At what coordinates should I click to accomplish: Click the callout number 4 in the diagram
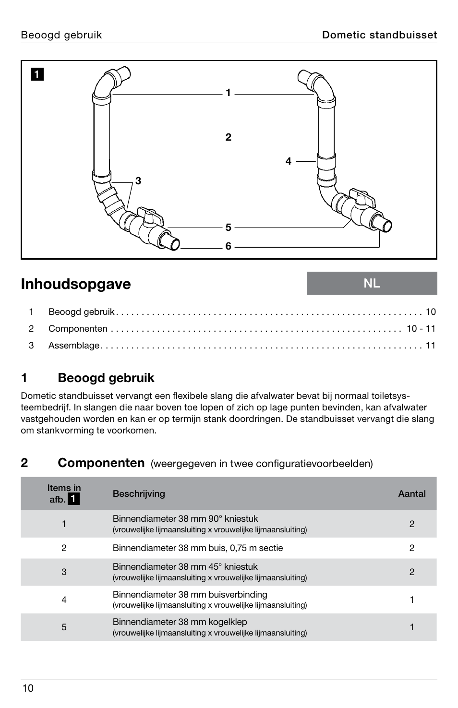[288, 161]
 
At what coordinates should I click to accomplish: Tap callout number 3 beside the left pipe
[138, 181]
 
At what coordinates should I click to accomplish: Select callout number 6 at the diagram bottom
[228, 246]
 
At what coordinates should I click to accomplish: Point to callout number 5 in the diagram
[228, 227]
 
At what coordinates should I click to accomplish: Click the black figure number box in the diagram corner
[37, 74]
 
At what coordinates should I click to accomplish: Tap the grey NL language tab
[372, 283]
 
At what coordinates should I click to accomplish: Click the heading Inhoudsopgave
[76, 284]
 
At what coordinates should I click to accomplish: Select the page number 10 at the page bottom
[27, 688]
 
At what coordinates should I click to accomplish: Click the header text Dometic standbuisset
[379, 35]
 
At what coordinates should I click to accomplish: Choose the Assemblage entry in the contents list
[73, 346]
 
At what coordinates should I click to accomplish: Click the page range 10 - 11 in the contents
[421, 329]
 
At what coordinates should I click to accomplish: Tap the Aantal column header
[411, 493]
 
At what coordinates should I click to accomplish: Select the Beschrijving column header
[139, 493]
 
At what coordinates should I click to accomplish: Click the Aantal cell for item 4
[411, 600]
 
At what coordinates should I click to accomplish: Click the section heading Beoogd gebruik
[106, 378]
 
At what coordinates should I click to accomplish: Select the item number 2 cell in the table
[64, 548]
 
